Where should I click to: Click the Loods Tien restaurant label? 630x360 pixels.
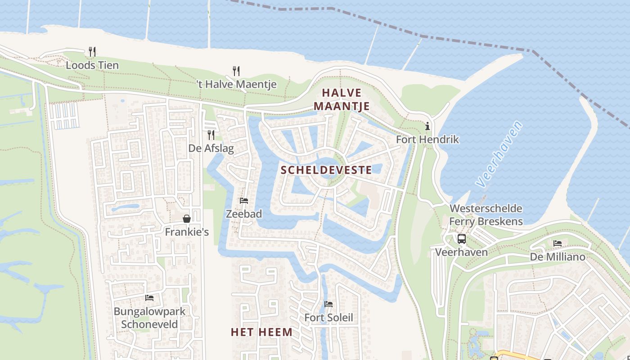(92, 65)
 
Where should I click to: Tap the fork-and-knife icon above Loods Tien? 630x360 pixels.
(92, 51)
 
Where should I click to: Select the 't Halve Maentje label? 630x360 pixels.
(236, 84)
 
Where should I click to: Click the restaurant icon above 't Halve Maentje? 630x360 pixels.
(236, 71)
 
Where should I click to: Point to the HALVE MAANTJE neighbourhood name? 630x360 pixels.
(342, 99)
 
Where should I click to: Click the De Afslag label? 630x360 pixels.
(211, 148)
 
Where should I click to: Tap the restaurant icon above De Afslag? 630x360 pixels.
(211, 135)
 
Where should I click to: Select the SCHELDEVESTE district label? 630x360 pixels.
(326, 170)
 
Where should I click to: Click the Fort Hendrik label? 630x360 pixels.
(427, 139)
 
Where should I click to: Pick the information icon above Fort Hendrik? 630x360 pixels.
(427, 126)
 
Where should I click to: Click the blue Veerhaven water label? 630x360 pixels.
(499, 154)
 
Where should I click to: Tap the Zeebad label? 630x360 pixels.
(244, 214)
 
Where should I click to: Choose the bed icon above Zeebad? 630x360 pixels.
(244, 201)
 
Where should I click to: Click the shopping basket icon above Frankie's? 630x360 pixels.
(187, 219)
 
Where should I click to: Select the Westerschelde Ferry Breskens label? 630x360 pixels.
(486, 215)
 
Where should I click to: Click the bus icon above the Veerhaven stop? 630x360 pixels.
(461, 238)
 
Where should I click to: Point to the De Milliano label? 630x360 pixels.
(558, 257)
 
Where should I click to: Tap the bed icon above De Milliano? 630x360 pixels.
(558, 243)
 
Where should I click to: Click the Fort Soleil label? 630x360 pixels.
(328, 318)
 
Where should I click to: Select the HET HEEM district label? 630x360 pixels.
(261, 332)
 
